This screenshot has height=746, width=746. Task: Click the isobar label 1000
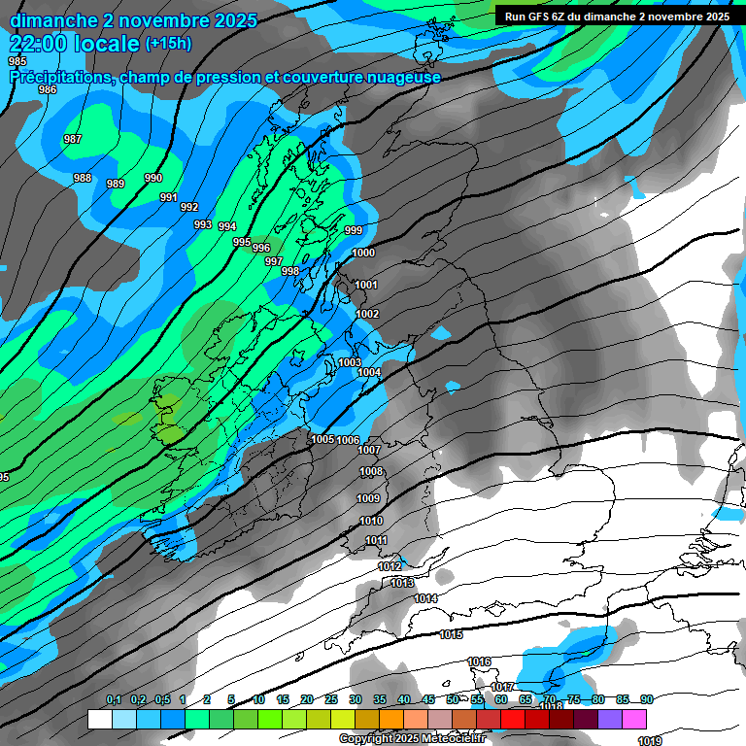point(363,254)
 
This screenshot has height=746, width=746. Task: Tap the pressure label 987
point(73,140)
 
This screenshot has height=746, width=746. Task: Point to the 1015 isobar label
point(451,635)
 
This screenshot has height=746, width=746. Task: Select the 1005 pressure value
point(323,439)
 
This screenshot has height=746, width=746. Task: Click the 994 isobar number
point(227,227)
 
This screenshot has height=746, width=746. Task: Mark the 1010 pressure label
point(371,522)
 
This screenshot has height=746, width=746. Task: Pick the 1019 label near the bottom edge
point(650,741)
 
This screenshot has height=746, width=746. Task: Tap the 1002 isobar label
point(367,315)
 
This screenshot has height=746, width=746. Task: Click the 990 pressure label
point(153,179)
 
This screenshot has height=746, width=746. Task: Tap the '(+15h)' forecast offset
point(168,44)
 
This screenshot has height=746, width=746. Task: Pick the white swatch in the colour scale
point(99,719)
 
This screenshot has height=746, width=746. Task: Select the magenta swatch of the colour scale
point(634,719)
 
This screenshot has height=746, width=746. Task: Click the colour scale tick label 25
point(331,700)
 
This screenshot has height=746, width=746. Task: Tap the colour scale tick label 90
point(646,700)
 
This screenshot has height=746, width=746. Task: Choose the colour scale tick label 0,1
point(114,700)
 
